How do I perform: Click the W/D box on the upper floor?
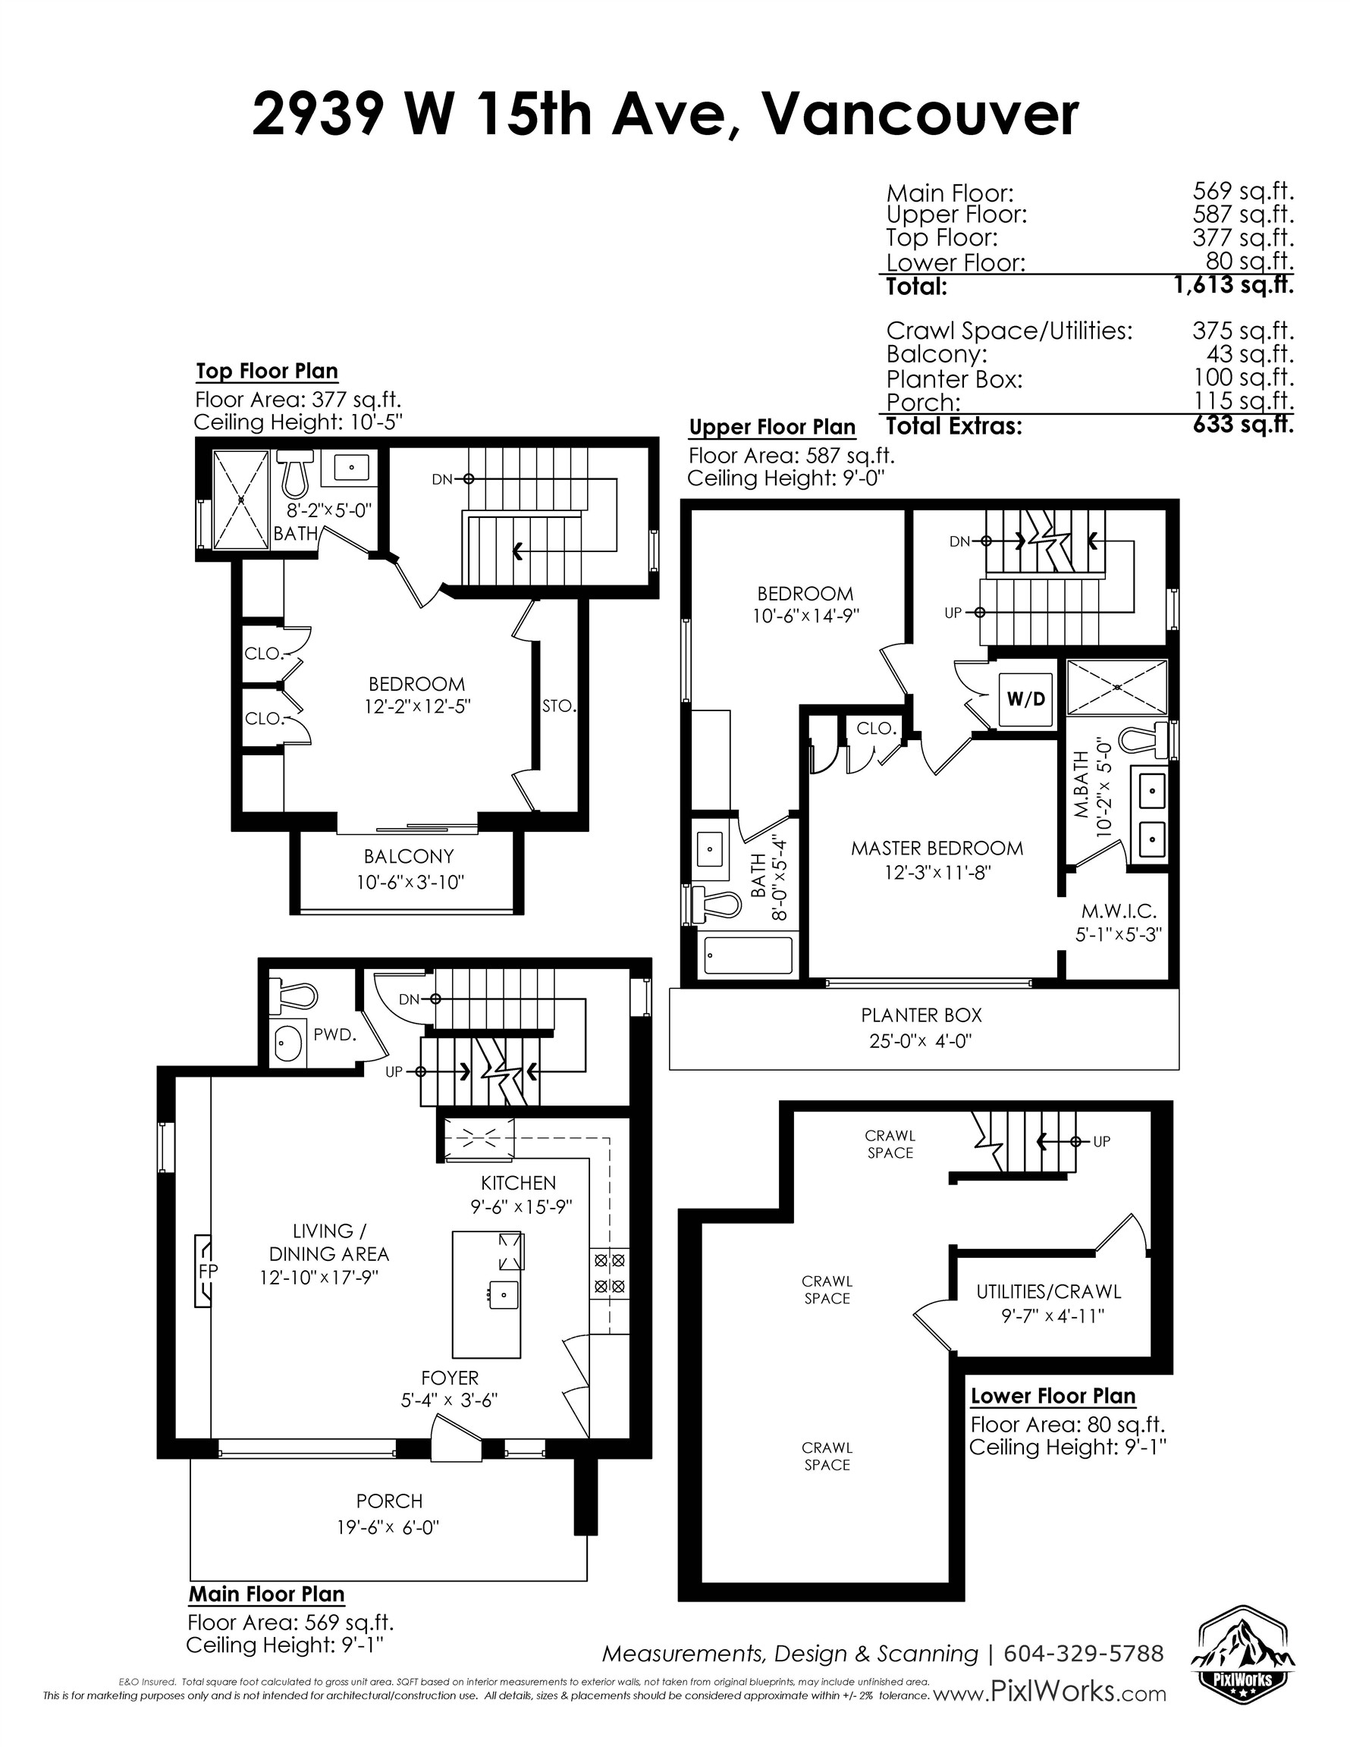(x=1025, y=699)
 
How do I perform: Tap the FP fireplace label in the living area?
(x=208, y=1269)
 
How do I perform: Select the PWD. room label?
(x=334, y=1034)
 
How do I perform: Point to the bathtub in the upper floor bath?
(x=747, y=955)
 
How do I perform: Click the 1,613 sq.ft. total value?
(x=1233, y=285)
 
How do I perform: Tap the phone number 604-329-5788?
(x=1083, y=1654)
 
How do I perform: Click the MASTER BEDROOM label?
(x=936, y=848)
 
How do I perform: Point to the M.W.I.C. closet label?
(x=1119, y=911)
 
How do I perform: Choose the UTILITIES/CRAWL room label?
(x=1048, y=1291)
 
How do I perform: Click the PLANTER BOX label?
(x=921, y=1015)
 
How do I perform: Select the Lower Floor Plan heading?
(x=1052, y=1396)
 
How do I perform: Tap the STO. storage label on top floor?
(x=558, y=707)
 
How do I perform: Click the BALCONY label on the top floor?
(x=408, y=857)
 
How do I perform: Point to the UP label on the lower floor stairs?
(x=1101, y=1141)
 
